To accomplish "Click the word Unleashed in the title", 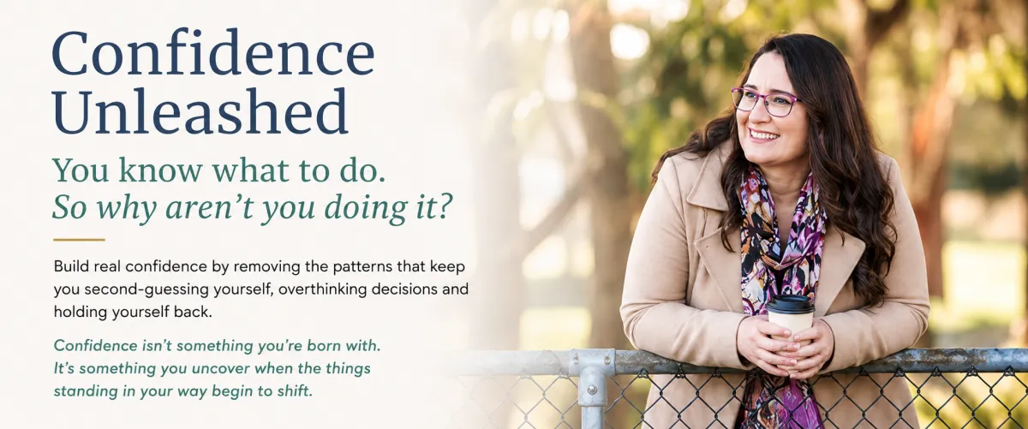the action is point(200,110).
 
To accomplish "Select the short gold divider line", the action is point(79,240).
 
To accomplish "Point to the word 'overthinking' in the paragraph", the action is point(323,289).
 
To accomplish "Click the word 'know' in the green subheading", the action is point(160,170).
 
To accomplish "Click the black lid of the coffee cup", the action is point(790,304).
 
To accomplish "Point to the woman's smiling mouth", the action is point(763,136).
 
